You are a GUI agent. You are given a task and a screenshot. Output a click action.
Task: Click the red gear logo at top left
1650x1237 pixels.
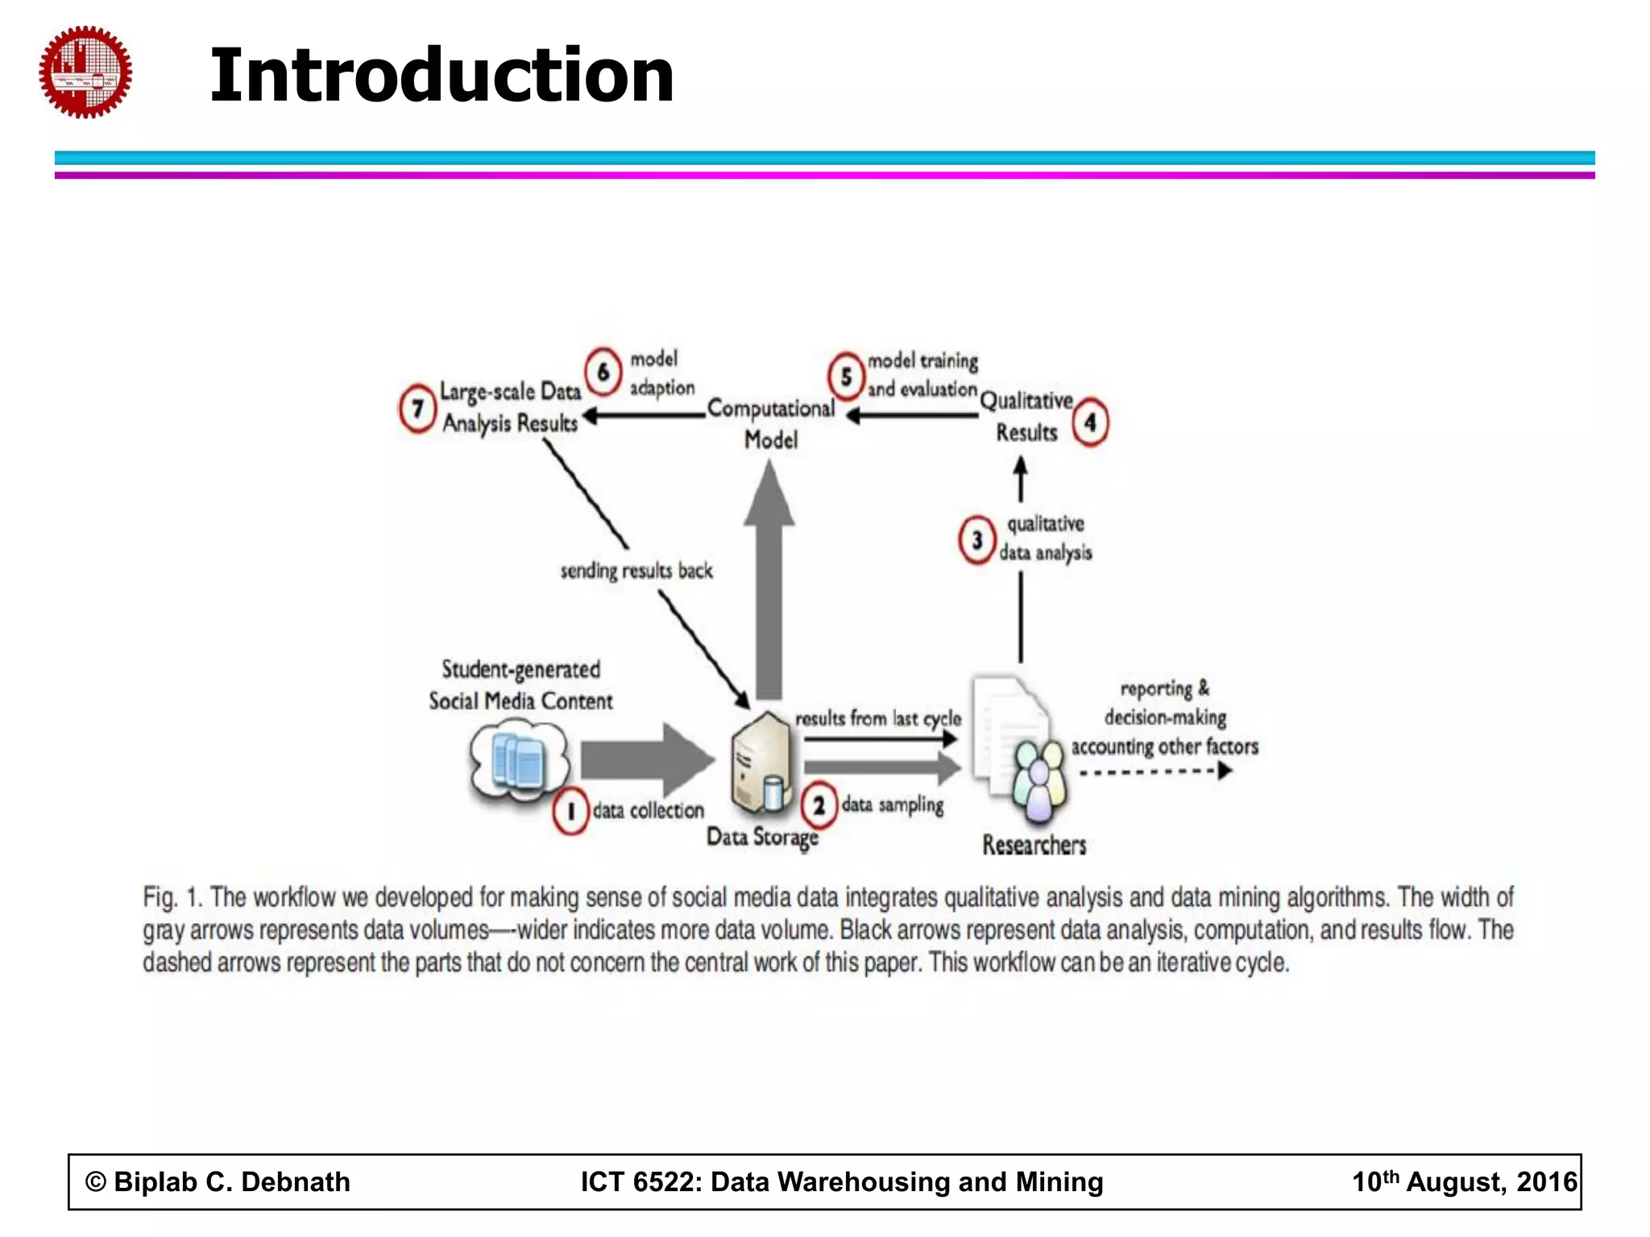click(x=85, y=72)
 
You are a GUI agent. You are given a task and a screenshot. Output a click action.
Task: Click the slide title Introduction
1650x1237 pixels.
click(x=442, y=76)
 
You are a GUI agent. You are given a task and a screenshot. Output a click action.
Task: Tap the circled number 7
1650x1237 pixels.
click(x=417, y=408)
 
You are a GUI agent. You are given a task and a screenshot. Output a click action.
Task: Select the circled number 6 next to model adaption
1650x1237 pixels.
click(x=603, y=371)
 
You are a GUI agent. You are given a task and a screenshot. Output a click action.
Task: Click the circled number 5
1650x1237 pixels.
click(x=846, y=376)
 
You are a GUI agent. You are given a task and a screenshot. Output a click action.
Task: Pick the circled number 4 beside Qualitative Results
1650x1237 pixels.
click(x=1090, y=422)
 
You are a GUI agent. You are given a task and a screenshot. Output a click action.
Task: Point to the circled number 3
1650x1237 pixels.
click(x=976, y=540)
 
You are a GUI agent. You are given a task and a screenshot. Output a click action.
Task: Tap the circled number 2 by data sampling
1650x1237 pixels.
click(x=819, y=805)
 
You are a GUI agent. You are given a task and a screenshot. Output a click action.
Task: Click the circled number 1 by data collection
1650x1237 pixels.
click(x=570, y=810)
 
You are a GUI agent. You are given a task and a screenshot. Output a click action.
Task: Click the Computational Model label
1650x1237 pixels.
click(x=770, y=424)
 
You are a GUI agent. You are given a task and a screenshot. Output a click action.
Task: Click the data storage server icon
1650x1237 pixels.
click(x=761, y=763)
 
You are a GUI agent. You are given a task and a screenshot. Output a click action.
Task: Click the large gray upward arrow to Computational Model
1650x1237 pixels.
click(x=769, y=580)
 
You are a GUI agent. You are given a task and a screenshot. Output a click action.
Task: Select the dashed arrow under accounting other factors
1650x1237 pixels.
click(x=1155, y=772)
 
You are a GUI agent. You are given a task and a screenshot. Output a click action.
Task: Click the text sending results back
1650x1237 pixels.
click(x=636, y=571)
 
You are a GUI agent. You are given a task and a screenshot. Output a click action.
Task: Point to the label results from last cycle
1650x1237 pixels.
click(x=878, y=718)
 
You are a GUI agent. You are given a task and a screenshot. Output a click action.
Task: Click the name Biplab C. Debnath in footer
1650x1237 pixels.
click(x=231, y=1181)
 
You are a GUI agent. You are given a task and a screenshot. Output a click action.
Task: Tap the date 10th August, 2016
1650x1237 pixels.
click(x=1463, y=1181)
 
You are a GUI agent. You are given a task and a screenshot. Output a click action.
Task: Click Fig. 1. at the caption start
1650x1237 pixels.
click(x=171, y=897)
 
